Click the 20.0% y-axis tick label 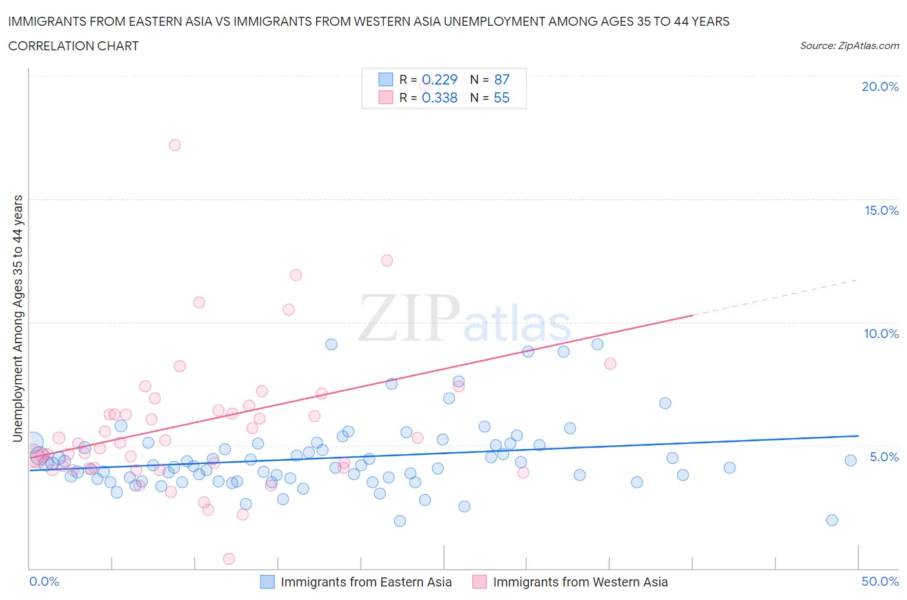pyautogui.click(x=880, y=86)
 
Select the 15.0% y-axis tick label pyautogui.click(x=881, y=210)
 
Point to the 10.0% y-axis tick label pyautogui.click(x=881, y=334)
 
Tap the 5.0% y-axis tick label pyautogui.click(x=884, y=457)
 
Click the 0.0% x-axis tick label pyautogui.click(x=44, y=581)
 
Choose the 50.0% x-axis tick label pyautogui.click(x=880, y=581)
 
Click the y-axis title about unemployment pyautogui.click(x=17, y=318)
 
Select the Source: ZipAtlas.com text pyautogui.click(x=849, y=46)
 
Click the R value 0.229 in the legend pyautogui.click(x=439, y=79)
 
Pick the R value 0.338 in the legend pyautogui.click(x=439, y=97)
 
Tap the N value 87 pyautogui.click(x=501, y=79)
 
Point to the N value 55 pyautogui.click(x=501, y=97)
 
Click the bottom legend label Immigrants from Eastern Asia pyautogui.click(x=366, y=582)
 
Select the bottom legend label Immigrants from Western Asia pyautogui.click(x=580, y=582)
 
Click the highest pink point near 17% pyautogui.click(x=175, y=145)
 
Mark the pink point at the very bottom pyautogui.click(x=228, y=559)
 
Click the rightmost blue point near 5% pyautogui.click(x=850, y=460)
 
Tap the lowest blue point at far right pyautogui.click(x=832, y=520)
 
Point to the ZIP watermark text pyautogui.click(x=408, y=317)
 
